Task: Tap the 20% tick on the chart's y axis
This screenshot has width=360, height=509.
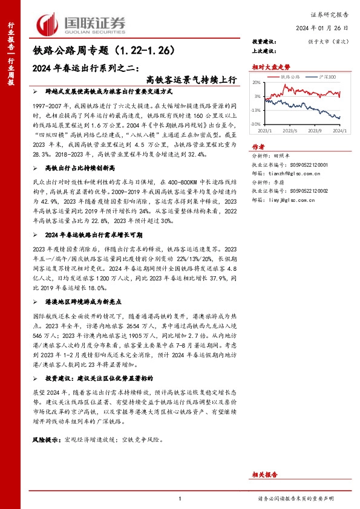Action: [258, 82]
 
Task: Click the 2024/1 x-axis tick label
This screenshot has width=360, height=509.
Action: [339, 130]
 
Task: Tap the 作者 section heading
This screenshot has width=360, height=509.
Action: [258, 146]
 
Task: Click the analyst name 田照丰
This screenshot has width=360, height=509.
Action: [284, 155]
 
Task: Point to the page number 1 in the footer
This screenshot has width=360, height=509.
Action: [180, 498]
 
